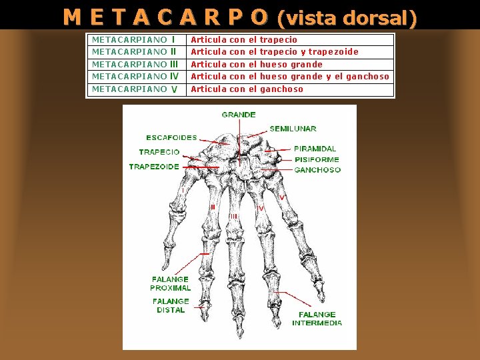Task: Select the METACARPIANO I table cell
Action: coord(134,40)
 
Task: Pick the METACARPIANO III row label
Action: coord(135,64)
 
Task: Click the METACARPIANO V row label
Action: coord(134,89)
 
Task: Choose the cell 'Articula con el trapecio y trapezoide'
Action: coord(275,52)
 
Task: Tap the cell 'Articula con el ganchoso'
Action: coord(247,89)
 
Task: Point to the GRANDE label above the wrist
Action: coord(239,115)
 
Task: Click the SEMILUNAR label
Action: coord(293,129)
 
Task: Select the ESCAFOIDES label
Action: coord(171,138)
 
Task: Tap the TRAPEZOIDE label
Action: coord(154,167)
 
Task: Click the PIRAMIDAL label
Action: coord(315,149)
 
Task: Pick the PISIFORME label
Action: coord(316,159)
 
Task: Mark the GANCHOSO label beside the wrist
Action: coord(317,170)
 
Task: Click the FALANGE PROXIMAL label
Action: coord(170,284)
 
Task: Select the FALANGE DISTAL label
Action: coord(171,305)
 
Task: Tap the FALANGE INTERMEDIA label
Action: coord(317,319)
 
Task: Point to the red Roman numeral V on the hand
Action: coord(282,198)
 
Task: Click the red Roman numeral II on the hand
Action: coord(212,207)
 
